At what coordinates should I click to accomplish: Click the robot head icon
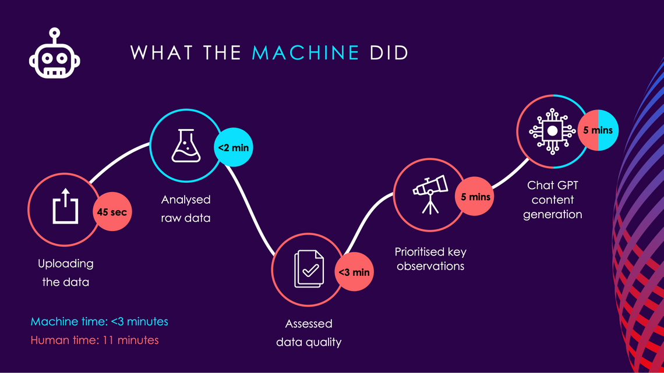pos(55,54)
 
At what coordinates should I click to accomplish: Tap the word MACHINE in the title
pos(306,53)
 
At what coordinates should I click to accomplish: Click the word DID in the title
pos(388,53)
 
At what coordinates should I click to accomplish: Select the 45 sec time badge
pos(112,211)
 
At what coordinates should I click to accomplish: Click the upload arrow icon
pos(65,206)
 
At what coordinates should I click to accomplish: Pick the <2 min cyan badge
pos(234,147)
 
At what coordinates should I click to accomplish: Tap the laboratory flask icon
pos(186,146)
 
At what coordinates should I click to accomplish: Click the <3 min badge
pos(354,272)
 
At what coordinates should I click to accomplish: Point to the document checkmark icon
pos(309,269)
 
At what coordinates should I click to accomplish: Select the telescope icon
pos(430,194)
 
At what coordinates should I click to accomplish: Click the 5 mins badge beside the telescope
pos(475,196)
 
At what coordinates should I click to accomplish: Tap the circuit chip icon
pos(552,131)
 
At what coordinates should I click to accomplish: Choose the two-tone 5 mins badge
pos(598,130)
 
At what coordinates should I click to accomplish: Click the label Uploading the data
pos(66,273)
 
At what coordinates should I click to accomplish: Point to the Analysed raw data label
pos(185,208)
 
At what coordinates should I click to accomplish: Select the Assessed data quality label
pos(309,333)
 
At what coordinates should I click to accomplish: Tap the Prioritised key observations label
pos(430,259)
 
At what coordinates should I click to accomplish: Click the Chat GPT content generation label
pos(553,200)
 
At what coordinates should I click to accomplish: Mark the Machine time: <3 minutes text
pos(100,321)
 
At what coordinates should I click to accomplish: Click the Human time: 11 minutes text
pos(94,340)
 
